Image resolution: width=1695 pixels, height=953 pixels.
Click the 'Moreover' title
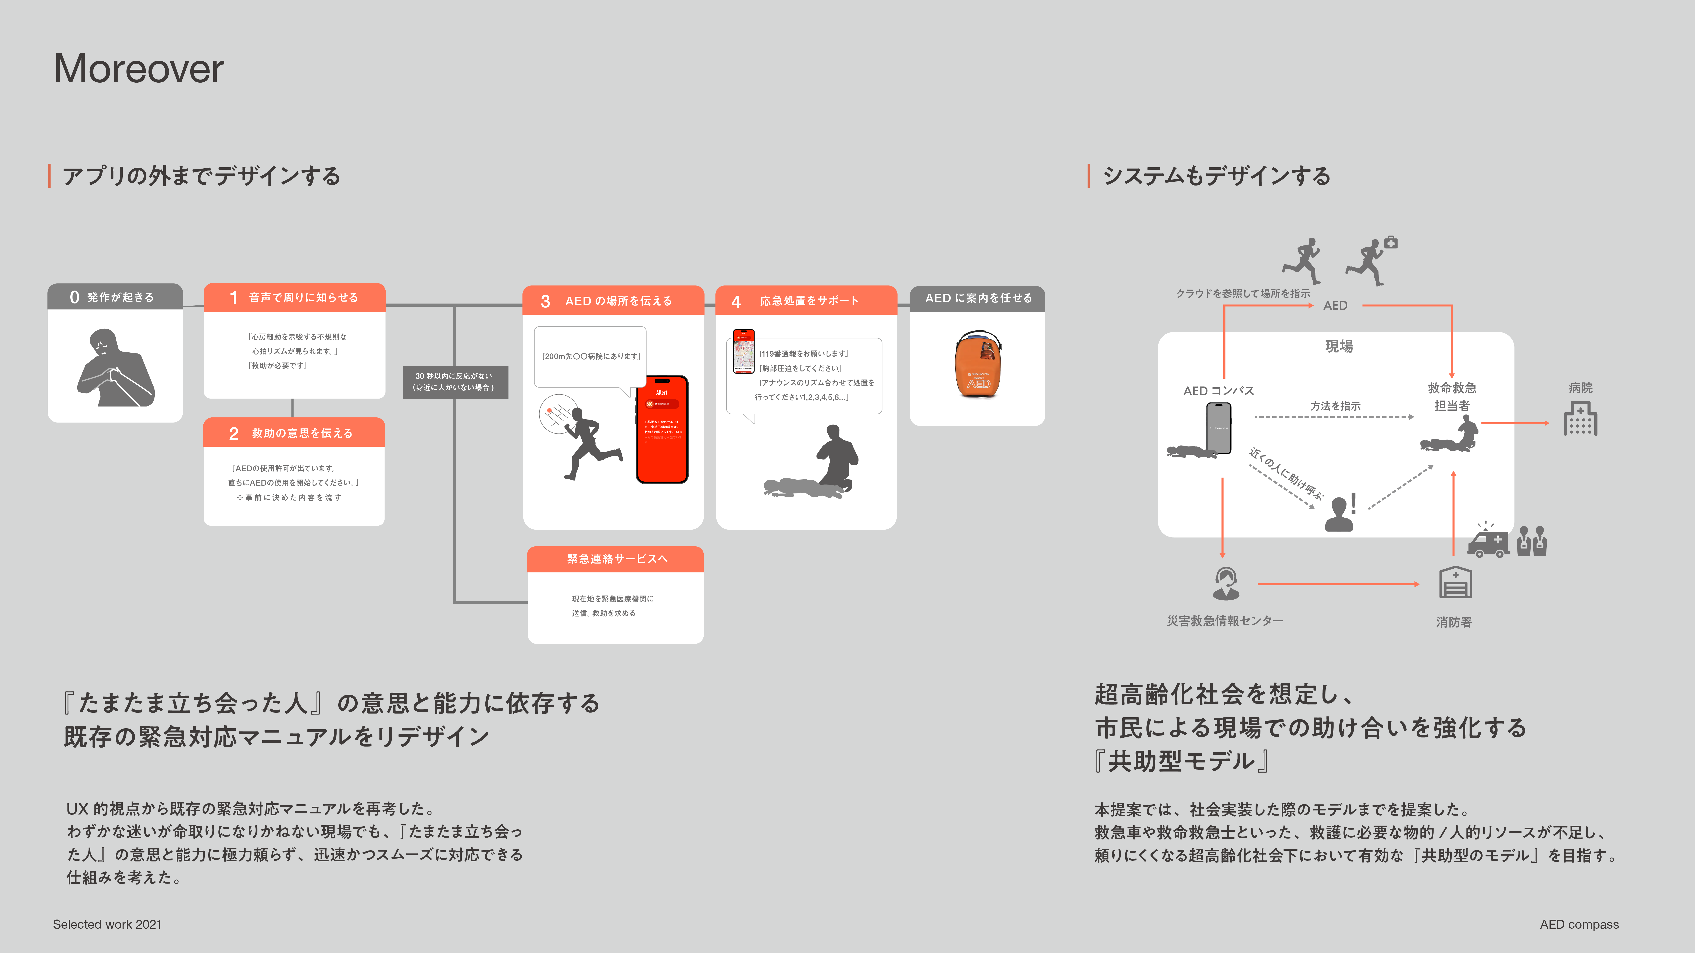click(x=139, y=68)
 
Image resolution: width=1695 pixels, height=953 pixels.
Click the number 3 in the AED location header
click(x=545, y=301)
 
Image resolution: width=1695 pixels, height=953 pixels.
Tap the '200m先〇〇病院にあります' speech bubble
click(x=590, y=356)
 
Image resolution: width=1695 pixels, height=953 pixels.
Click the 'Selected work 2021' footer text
click(x=107, y=924)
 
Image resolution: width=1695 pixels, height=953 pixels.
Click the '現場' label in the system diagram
click(x=1338, y=346)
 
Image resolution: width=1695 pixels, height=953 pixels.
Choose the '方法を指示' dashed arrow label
click(x=1334, y=406)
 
